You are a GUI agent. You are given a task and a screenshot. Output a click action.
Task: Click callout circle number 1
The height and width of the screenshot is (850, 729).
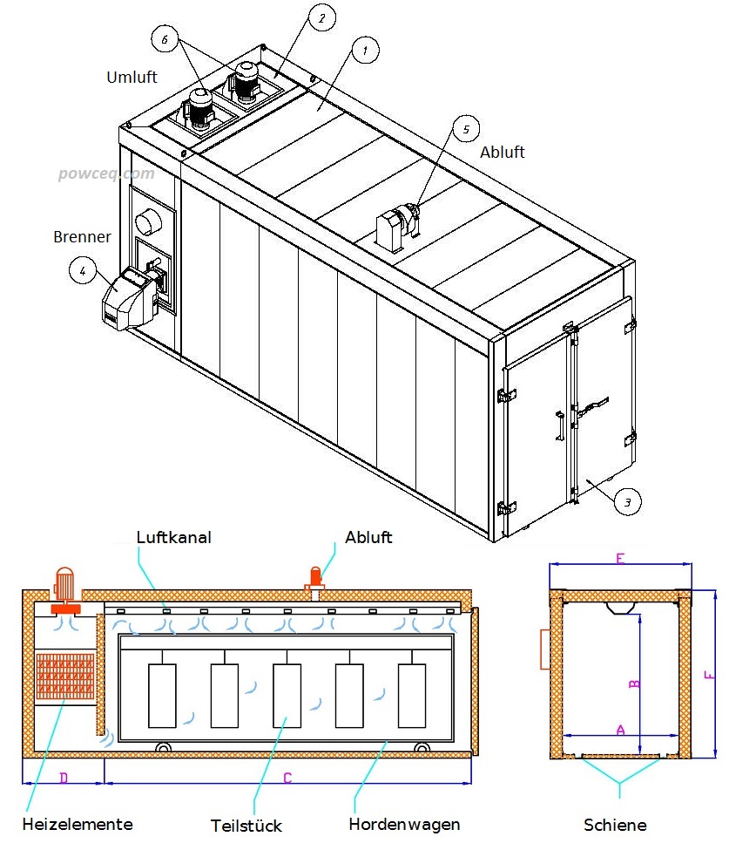[x=366, y=50]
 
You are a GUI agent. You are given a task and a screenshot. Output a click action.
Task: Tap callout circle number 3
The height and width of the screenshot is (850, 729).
[x=627, y=501]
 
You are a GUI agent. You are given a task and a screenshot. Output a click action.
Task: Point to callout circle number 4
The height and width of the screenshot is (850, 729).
[x=83, y=271]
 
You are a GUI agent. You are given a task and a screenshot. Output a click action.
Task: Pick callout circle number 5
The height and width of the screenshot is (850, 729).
[x=465, y=129]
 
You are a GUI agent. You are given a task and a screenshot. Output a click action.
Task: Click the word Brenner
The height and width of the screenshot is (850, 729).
[x=82, y=236]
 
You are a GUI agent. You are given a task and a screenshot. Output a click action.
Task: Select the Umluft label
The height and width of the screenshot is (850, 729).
[x=132, y=77]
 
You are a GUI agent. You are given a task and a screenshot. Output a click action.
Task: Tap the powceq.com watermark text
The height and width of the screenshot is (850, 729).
[x=106, y=173]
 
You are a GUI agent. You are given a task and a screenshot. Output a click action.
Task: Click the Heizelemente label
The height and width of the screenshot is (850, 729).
[x=78, y=824]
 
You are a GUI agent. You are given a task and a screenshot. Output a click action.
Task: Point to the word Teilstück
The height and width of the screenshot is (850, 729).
[x=246, y=825]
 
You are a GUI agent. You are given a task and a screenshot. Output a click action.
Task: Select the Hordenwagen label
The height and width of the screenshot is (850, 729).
[x=404, y=824]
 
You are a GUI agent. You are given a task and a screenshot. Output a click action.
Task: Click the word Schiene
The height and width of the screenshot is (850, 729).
[x=615, y=825]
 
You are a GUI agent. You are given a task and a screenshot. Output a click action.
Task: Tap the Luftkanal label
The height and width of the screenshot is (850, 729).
[x=174, y=537]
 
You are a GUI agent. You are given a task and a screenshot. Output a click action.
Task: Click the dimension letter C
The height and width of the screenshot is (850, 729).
[x=287, y=779]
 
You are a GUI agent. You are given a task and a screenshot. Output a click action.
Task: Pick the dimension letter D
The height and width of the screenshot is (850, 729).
[x=63, y=778]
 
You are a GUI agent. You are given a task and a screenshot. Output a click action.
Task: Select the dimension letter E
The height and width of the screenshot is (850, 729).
[x=620, y=559]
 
